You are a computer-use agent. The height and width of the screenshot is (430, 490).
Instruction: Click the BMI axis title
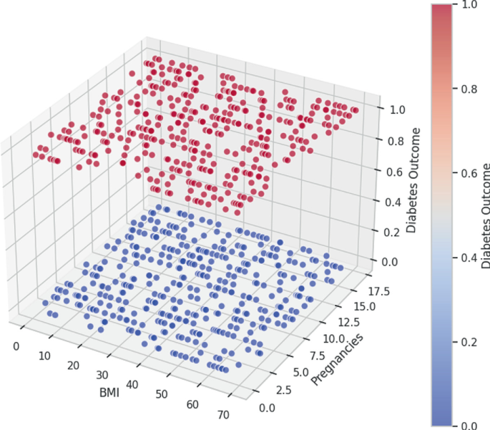[x=107, y=393]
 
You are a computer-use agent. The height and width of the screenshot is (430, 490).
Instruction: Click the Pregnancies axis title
[x=336, y=359]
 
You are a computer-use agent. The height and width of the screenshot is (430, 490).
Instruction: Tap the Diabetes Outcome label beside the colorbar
[x=486, y=215]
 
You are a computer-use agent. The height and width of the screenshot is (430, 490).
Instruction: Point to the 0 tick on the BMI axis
[x=16, y=346]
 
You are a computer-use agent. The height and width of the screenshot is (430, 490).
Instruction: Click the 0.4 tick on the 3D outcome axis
[x=391, y=202]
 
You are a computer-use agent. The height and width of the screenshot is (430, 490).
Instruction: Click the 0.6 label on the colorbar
[x=468, y=173]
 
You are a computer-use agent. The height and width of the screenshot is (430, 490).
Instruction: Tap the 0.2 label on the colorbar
[x=468, y=341]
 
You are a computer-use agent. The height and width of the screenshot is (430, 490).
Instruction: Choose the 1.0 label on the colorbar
[x=468, y=5]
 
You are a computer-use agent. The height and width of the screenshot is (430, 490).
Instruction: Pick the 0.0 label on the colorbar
[x=468, y=425]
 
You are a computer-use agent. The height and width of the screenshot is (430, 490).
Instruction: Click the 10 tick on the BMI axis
[x=46, y=356]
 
